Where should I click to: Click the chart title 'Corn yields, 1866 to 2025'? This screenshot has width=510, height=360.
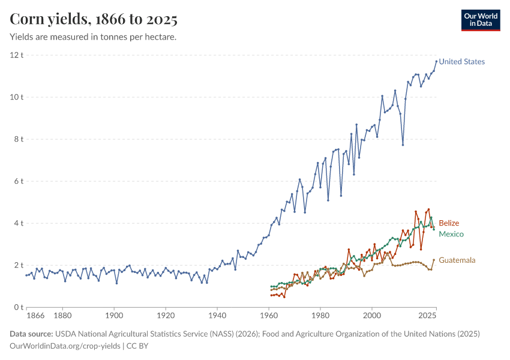(94, 20)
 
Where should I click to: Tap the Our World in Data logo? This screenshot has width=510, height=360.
(480, 20)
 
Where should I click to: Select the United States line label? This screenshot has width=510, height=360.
(461, 62)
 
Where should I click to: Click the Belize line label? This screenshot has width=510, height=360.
(449, 223)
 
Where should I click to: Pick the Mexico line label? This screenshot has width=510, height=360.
(451, 234)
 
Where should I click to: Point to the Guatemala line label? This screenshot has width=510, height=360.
(457, 260)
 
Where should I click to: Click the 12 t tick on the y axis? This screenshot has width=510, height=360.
(16, 55)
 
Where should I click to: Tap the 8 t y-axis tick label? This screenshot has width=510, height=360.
(18, 139)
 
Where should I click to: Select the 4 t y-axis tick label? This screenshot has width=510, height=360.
(18, 223)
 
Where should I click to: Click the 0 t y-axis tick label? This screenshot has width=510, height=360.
(18, 307)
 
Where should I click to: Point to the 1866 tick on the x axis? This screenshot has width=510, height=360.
(35, 315)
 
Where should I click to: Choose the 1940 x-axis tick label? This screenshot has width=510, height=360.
(217, 315)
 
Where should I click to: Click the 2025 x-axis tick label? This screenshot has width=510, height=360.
(427, 315)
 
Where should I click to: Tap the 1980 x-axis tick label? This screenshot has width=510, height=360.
(320, 315)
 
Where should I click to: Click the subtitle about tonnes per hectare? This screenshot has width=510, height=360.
(92, 37)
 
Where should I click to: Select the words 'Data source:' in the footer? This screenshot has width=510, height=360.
(32, 334)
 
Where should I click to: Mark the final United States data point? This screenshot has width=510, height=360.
(436, 61)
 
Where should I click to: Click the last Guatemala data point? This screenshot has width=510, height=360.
(434, 260)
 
